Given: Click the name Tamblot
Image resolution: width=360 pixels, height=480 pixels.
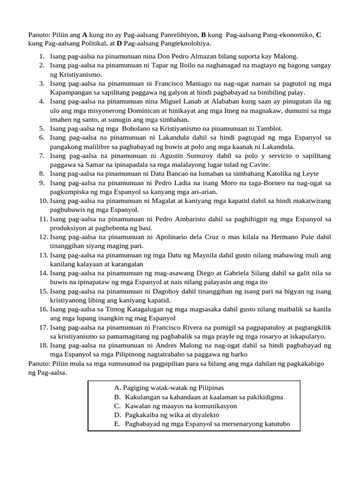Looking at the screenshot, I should pos(266,128).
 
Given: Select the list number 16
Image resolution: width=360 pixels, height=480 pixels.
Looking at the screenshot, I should pos(43,309).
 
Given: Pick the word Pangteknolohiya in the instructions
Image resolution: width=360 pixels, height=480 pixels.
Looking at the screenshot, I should pos(186,44).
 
